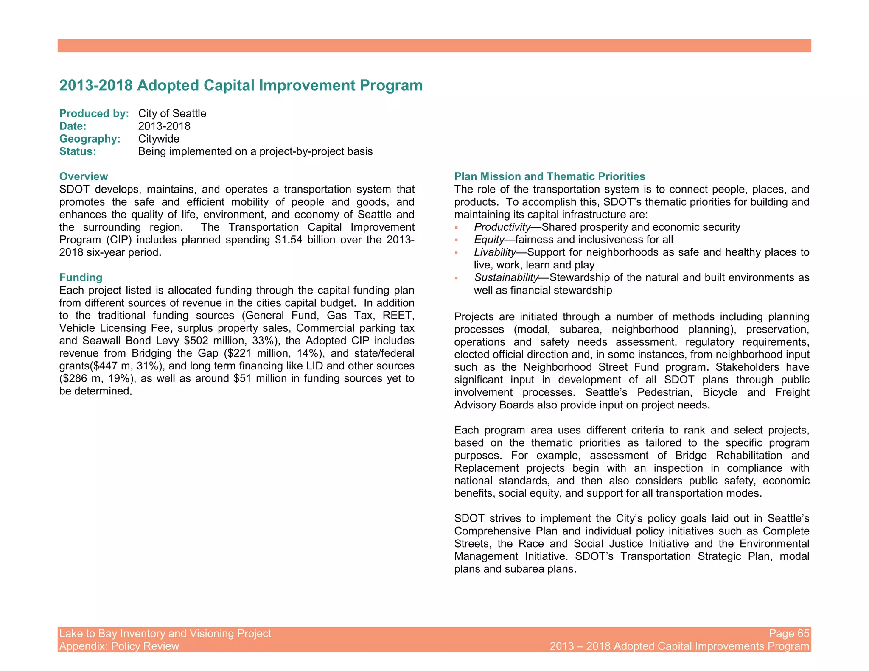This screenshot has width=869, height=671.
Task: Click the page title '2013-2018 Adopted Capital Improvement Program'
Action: [241, 85]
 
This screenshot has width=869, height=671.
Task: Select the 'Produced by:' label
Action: [94, 113]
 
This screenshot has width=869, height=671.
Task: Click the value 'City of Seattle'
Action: [172, 113]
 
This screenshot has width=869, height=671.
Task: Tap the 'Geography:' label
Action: [90, 139]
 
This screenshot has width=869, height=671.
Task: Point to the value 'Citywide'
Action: [159, 139]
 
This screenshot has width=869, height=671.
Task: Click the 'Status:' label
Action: [78, 151]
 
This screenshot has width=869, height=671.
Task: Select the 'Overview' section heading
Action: [84, 176]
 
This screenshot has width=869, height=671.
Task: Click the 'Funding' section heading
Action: [81, 277]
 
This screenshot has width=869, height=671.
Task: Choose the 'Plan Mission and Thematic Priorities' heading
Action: [549, 176]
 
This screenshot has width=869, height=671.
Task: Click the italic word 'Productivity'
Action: [502, 227]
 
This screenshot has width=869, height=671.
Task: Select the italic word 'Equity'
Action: [489, 240]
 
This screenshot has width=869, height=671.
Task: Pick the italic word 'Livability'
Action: [494, 252]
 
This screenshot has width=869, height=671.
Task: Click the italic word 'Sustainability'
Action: [506, 277]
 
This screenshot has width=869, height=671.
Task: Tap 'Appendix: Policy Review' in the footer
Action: [119, 646]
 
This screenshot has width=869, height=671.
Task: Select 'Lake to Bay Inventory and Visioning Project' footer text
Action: [165, 633]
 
